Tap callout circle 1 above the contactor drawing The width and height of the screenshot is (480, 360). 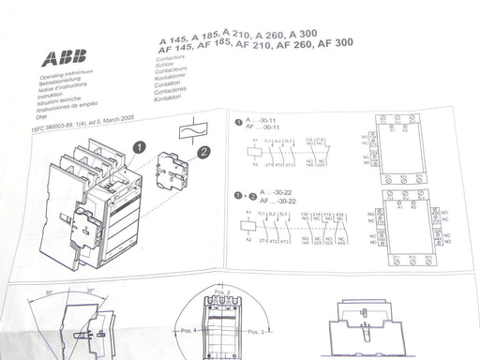coord(139,147)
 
